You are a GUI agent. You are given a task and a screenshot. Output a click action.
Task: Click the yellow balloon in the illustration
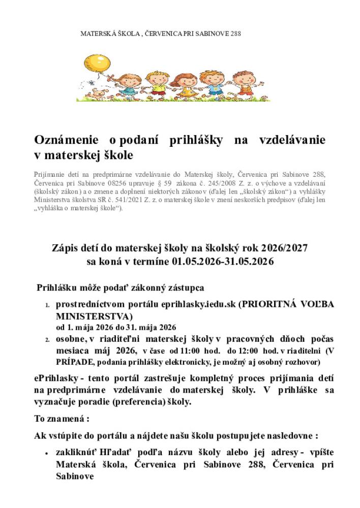click(x=100, y=63)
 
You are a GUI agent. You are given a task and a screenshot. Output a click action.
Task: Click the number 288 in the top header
click(x=235, y=34)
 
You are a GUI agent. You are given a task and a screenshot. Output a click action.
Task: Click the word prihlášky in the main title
click(x=195, y=140)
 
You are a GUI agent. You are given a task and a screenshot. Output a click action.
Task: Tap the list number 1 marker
click(x=47, y=306)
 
